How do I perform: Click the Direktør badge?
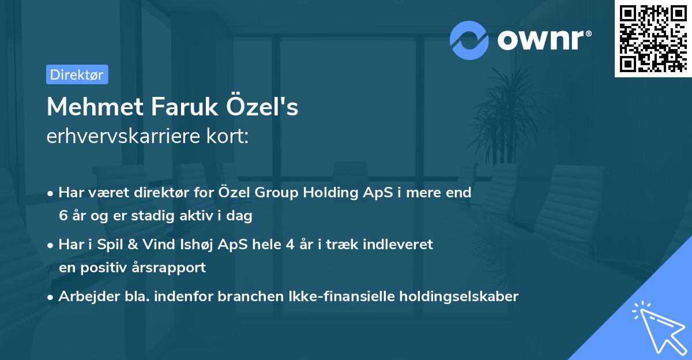(77, 74)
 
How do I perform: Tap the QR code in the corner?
(653, 39)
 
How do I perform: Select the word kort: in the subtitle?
(231, 137)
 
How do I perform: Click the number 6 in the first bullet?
(63, 216)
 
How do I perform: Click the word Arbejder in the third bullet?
(84, 297)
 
